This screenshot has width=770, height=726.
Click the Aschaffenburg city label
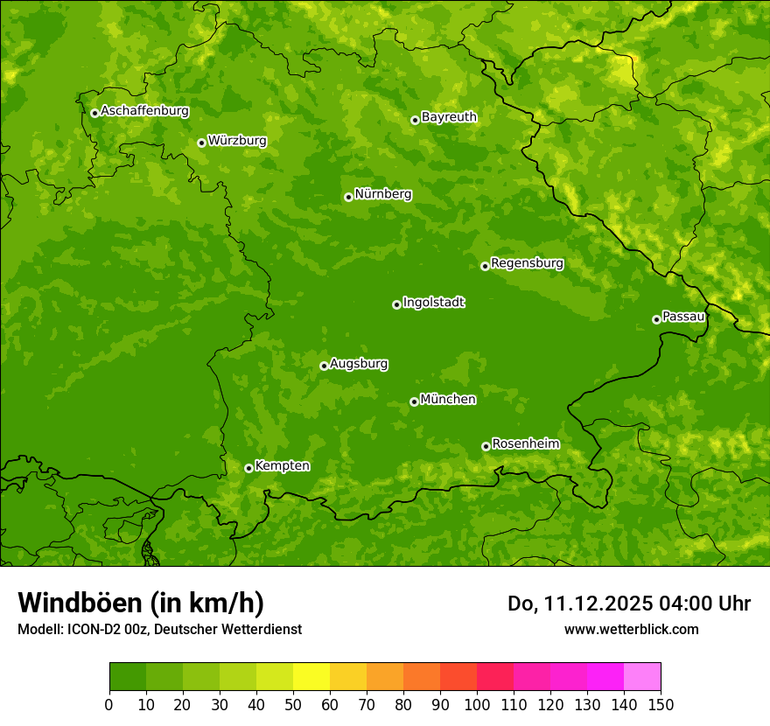click(144, 111)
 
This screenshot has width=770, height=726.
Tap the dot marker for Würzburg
click(201, 143)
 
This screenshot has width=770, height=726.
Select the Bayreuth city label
click(449, 116)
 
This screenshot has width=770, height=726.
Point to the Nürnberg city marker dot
click(348, 197)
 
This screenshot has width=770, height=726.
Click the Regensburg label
click(527, 262)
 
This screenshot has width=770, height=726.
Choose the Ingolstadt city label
click(433, 302)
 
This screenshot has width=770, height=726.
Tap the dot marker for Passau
click(656, 319)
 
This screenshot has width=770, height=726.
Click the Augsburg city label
click(359, 363)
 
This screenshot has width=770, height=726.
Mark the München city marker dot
click(414, 402)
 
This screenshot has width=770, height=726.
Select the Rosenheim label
click(525, 443)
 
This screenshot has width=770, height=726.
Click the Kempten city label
click(282, 465)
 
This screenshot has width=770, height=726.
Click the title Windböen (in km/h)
click(141, 603)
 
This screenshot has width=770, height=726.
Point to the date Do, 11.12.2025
click(580, 604)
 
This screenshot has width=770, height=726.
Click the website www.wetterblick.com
click(631, 629)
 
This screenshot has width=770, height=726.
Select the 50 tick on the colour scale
click(293, 704)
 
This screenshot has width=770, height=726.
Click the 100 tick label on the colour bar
click(477, 704)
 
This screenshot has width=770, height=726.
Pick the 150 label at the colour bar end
click(661, 704)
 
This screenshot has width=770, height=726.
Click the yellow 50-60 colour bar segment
click(311, 677)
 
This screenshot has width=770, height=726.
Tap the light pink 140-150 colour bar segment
click(642, 677)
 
